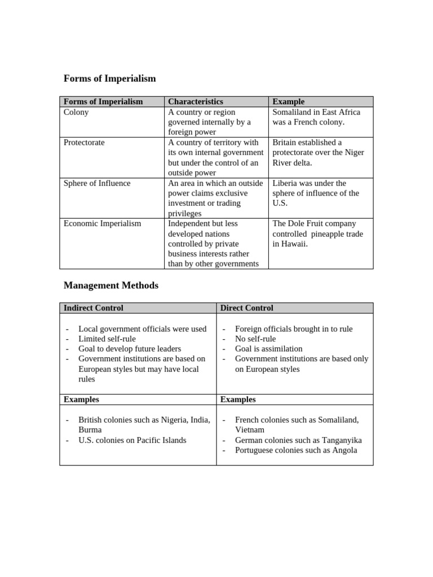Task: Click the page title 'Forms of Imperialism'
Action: pyautogui.click(x=109, y=79)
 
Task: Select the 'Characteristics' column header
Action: pyautogui.click(x=195, y=101)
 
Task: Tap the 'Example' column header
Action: pyautogui.click(x=288, y=101)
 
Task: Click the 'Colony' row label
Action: pyautogui.click(x=76, y=112)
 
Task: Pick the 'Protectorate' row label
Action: pyautogui.click(x=84, y=143)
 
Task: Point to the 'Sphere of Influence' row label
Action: pyautogui.click(x=96, y=183)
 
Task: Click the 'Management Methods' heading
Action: pyautogui.click(x=111, y=286)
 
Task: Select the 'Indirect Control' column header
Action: pyautogui.click(x=93, y=308)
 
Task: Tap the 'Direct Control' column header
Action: pyautogui.click(x=246, y=308)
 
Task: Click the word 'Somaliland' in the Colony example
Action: pyautogui.click(x=291, y=112)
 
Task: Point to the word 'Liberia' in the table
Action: pyautogui.click(x=285, y=183)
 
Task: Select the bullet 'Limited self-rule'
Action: pyautogui.click(x=107, y=339)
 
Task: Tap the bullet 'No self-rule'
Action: pyautogui.click(x=255, y=339)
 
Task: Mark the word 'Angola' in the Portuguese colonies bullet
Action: pyautogui.click(x=344, y=450)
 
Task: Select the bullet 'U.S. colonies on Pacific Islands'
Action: pyautogui.click(x=132, y=440)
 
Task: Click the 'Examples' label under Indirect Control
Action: pyautogui.click(x=81, y=400)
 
